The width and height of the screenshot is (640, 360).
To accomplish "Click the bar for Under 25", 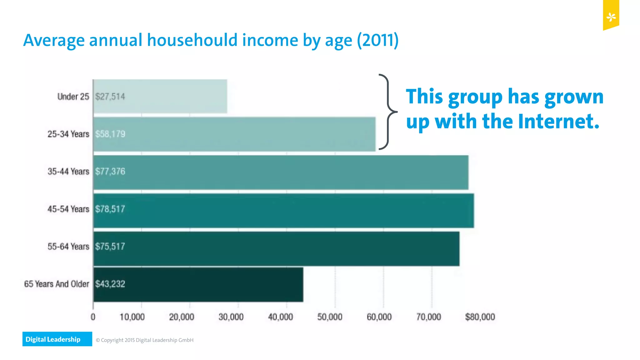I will click(x=160, y=96).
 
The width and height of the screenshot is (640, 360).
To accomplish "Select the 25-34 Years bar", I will click(x=234, y=134).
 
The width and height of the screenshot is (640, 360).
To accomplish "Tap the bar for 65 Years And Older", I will click(x=198, y=284).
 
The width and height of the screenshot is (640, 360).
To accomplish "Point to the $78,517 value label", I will click(x=110, y=209).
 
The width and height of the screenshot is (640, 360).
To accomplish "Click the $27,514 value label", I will click(x=110, y=97).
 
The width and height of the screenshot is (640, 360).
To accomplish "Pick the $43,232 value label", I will click(x=110, y=284).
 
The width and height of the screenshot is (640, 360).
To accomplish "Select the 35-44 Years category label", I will click(x=68, y=172).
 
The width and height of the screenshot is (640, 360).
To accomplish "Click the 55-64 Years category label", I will click(x=68, y=247).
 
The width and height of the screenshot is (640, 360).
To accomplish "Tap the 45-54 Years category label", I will click(x=68, y=209).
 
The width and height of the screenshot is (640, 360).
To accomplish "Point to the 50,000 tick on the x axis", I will click(x=330, y=317).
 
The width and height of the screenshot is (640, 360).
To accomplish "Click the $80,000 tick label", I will click(x=480, y=317).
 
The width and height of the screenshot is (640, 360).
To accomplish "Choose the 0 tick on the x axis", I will click(x=93, y=317).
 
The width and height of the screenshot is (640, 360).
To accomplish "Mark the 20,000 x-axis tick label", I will click(x=182, y=317).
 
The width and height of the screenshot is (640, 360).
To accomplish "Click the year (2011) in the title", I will click(x=378, y=40).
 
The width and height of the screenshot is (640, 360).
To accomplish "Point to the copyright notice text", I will click(x=145, y=340).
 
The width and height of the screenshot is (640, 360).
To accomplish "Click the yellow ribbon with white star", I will click(x=611, y=15).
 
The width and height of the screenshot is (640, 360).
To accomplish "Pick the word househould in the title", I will click(x=192, y=40).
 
